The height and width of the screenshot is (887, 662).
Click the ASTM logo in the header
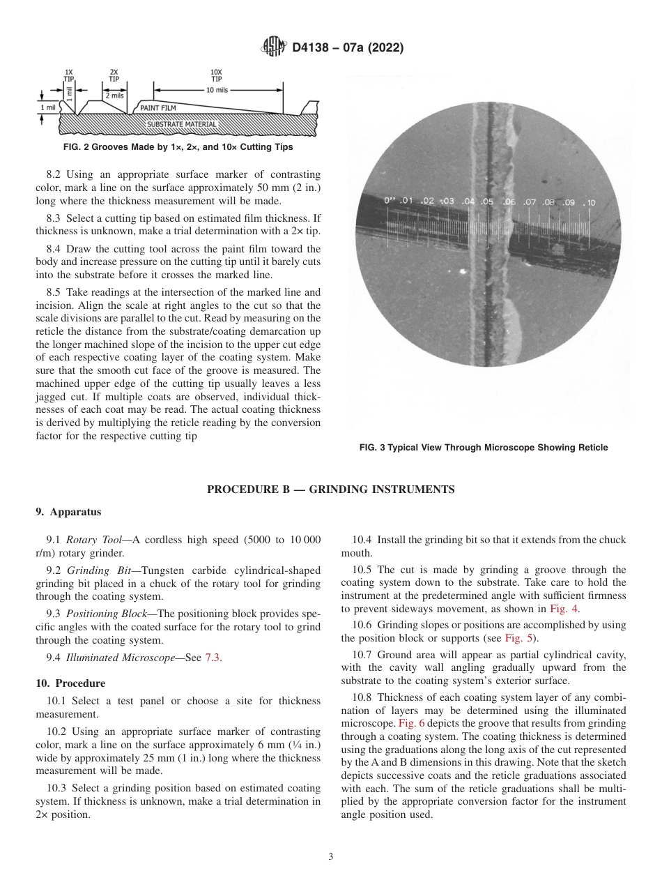272,47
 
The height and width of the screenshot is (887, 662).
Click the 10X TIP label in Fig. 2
216,76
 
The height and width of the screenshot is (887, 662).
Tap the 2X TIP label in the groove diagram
114,76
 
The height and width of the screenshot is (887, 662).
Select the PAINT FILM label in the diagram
158,108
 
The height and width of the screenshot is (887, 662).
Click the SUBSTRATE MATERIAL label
181,124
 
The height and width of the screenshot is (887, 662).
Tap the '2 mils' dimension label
115,96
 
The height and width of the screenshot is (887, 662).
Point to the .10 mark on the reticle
590,203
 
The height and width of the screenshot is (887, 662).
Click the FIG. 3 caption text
483,448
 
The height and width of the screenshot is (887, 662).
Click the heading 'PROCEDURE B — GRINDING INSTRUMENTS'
330,490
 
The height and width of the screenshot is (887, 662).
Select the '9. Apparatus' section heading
68,512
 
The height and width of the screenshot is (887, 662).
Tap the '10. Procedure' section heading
70,683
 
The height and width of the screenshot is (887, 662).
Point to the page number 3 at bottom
330,856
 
